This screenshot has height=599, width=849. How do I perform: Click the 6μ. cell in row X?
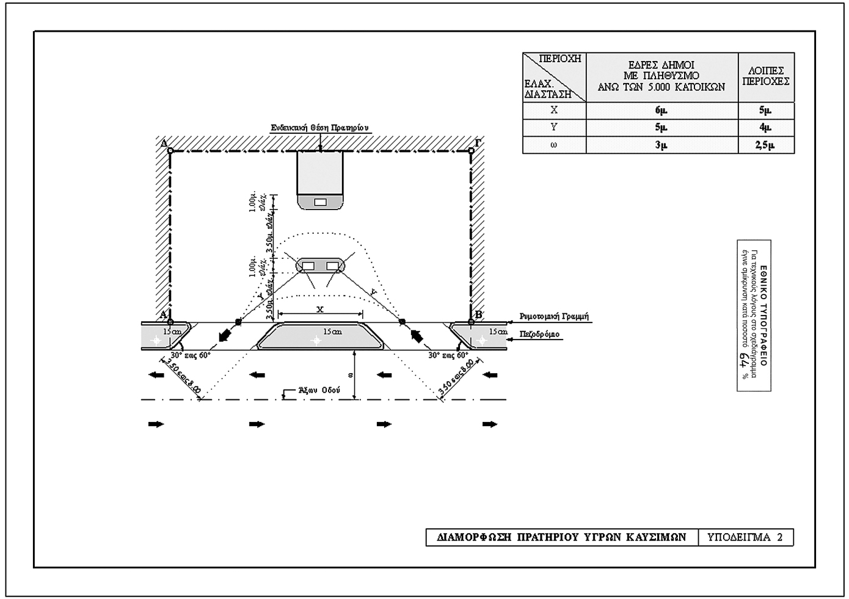tap(661, 111)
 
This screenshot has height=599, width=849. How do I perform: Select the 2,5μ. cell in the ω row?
tap(765, 145)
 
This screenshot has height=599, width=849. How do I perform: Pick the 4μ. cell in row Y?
tap(765, 128)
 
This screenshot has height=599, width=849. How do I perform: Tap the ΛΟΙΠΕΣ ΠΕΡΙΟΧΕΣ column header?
tap(766, 76)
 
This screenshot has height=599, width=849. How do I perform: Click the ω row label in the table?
tap(554, 145)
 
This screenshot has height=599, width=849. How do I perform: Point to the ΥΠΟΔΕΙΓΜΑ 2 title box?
tap(745, 537)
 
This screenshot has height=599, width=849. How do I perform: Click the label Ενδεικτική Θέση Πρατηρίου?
tap(321, 128)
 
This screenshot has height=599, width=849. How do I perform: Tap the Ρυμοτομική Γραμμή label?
tap(554, 317)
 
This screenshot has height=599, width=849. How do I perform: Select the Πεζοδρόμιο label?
tap(539, 335)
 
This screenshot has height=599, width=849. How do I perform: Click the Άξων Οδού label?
tap(319, 390)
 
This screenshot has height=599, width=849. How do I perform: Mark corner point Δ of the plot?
tap(170, 150)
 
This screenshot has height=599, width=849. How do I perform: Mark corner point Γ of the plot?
tap(471, 150)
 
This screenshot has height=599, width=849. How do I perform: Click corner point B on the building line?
tap(471, 321)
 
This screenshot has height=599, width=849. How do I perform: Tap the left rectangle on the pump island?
tap(308, 266)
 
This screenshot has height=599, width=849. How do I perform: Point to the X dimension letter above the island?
tap(319, 310)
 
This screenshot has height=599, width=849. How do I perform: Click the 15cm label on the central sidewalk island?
tap(332, 332)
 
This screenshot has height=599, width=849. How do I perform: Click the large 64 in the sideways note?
tap(745, 361)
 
